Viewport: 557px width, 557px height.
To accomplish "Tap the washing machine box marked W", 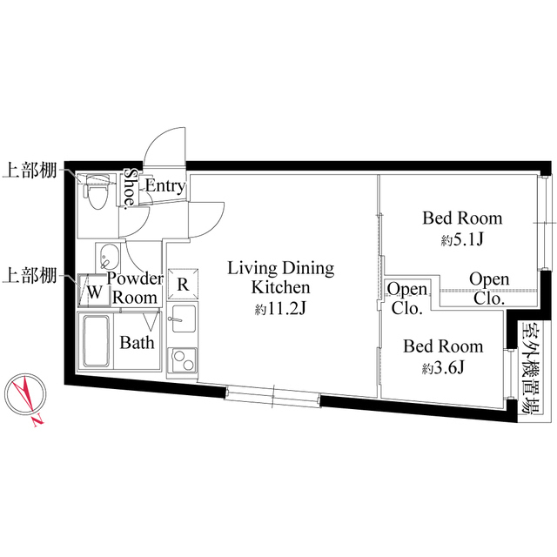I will (92, 292).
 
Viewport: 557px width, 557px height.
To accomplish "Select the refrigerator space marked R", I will (184, 283).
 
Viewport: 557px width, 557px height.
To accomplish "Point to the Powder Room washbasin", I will (109, 257).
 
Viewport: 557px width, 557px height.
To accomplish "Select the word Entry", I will (164, 185).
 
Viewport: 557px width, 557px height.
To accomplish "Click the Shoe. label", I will (130, 189).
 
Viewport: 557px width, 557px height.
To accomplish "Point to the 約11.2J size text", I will (280, 309).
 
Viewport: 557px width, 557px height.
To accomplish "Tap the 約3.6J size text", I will (442, 367).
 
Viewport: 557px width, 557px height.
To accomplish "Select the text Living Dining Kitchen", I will (280, 276).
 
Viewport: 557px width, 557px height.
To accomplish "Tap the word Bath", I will (137, 342).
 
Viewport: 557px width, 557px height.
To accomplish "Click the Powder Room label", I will (135, 287).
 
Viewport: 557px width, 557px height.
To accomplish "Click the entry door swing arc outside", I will (165, 144).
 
